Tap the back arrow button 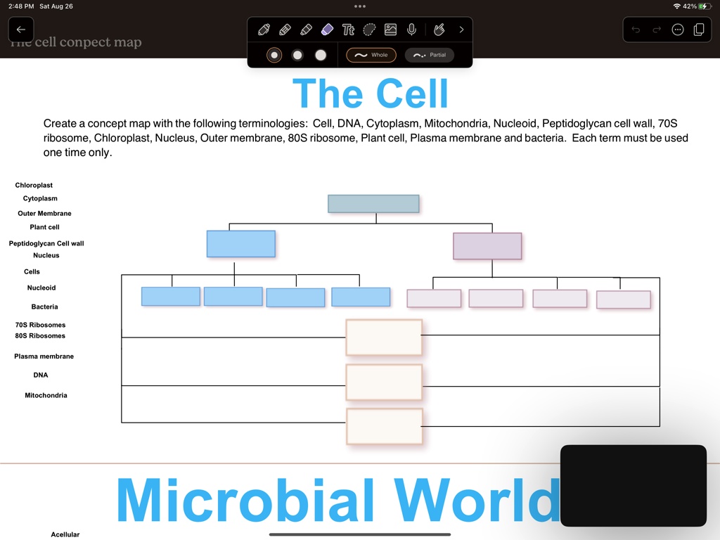21,30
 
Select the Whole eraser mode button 371,55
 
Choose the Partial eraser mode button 430,55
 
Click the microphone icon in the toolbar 412,30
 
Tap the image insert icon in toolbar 390,30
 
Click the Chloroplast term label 34,185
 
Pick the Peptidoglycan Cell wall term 46,243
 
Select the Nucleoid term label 41,288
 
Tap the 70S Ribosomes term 40,325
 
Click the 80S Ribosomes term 40,335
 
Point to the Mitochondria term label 46,395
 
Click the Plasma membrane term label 44,356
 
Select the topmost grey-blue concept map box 373,204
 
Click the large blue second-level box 240,243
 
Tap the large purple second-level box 487,246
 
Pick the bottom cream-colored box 384,426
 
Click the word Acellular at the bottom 65,534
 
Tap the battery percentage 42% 690,6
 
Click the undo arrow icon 636,30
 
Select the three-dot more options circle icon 678,30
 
